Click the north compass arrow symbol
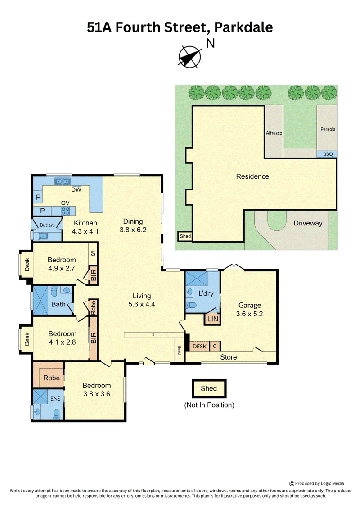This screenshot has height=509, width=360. point(189,56)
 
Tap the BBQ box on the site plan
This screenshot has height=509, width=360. point(327,154)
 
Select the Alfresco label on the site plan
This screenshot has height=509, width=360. point(274,133)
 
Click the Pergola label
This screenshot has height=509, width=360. point(328,129)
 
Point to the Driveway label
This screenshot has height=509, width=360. point(308,223)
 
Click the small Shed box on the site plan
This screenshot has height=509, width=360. point(185,236)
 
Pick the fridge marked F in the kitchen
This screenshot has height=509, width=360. point(38,198)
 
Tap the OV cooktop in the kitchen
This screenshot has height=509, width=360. point(65,211)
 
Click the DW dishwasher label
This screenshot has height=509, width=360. point(76,189)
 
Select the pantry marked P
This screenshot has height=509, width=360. point(42,211)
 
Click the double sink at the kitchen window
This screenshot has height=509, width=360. point(63,181)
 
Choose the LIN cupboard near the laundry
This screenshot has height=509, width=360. point(212,319)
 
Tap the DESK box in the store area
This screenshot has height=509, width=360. point(199,347)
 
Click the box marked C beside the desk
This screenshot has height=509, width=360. point(215,347)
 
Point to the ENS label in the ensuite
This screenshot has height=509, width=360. point(55,399)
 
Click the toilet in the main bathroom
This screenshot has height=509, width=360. point(54,291)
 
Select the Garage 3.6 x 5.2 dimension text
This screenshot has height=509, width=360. point(250,314)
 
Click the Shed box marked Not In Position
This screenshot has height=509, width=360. point(209,388)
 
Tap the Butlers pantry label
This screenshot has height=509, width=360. point(47,225)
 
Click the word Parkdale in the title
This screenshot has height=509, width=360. point(243,27)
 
